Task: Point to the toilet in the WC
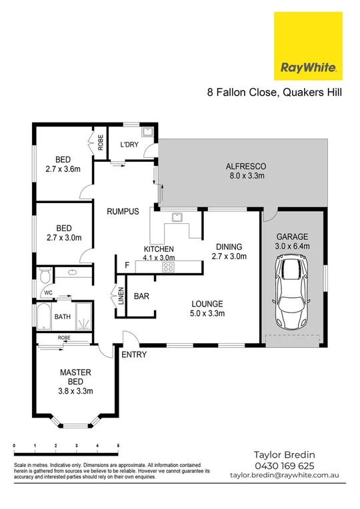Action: (45, 274)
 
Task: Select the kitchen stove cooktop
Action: (168, 267)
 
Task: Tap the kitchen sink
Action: (177, 216)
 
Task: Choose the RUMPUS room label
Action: (123, 212)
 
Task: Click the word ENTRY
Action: (134, 354)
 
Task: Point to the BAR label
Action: (141, 296)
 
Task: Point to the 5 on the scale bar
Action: (118, 445)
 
